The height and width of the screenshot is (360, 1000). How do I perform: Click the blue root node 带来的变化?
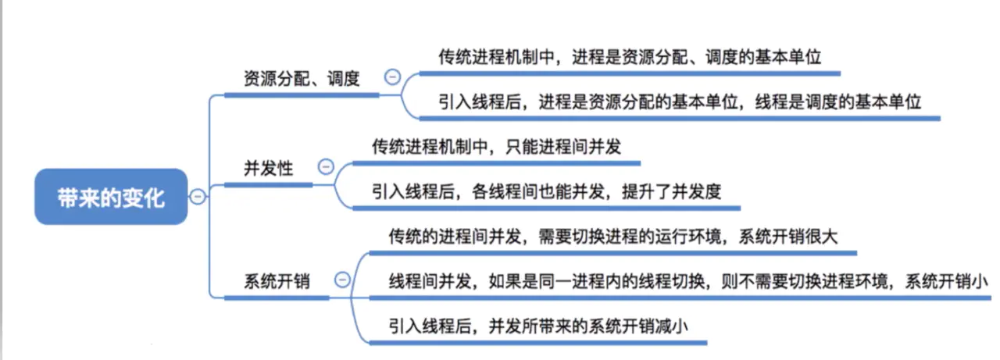click(x=111, y=197)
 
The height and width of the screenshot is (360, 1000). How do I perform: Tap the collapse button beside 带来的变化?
click(x=198, y=196)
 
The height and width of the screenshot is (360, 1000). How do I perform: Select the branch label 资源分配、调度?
click(x=302, y=79)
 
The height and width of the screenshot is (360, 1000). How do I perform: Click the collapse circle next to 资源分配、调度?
click(x=392, y=77)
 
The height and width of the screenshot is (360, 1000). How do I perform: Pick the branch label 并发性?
click(x=269, y=167)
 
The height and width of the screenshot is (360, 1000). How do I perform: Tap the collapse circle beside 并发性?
click(x=326, y=166)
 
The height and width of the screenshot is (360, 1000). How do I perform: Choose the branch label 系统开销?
click(x=277, y=280)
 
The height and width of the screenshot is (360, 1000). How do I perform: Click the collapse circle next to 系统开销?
click(x=341, y=279)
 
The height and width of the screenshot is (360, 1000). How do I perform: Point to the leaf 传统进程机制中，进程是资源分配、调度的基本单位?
click(x=630, y=57)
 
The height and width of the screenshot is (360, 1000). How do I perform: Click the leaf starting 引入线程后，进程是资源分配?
click(x=680, y=102)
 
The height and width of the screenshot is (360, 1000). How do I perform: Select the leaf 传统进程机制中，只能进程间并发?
click(x=497, y=146)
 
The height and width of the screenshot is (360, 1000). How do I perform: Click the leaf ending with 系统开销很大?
click(x=612, y=237)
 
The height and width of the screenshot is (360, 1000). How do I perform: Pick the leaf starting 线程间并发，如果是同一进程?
click(x=690, y=281)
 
